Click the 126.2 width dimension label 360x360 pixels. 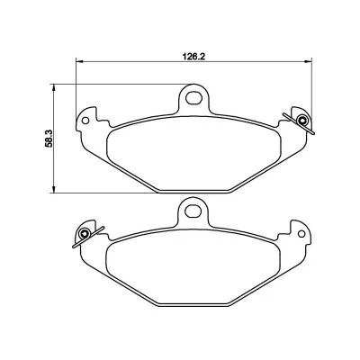(x=193, y=57)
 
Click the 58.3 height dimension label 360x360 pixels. (x=49, y=138)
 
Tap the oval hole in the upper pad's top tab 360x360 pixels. (x=193, y=97)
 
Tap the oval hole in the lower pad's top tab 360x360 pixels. (x=193, y=211)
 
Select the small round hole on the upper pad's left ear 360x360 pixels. (x=85, y=121)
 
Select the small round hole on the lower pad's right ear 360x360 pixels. (x=301, y=234)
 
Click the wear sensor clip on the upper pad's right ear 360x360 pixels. (x=301, y=121)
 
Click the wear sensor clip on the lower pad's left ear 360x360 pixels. (x=85, y=234)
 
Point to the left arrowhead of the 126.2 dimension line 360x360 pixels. (x=79, y=61)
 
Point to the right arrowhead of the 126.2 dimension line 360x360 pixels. (x=309, y=61)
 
